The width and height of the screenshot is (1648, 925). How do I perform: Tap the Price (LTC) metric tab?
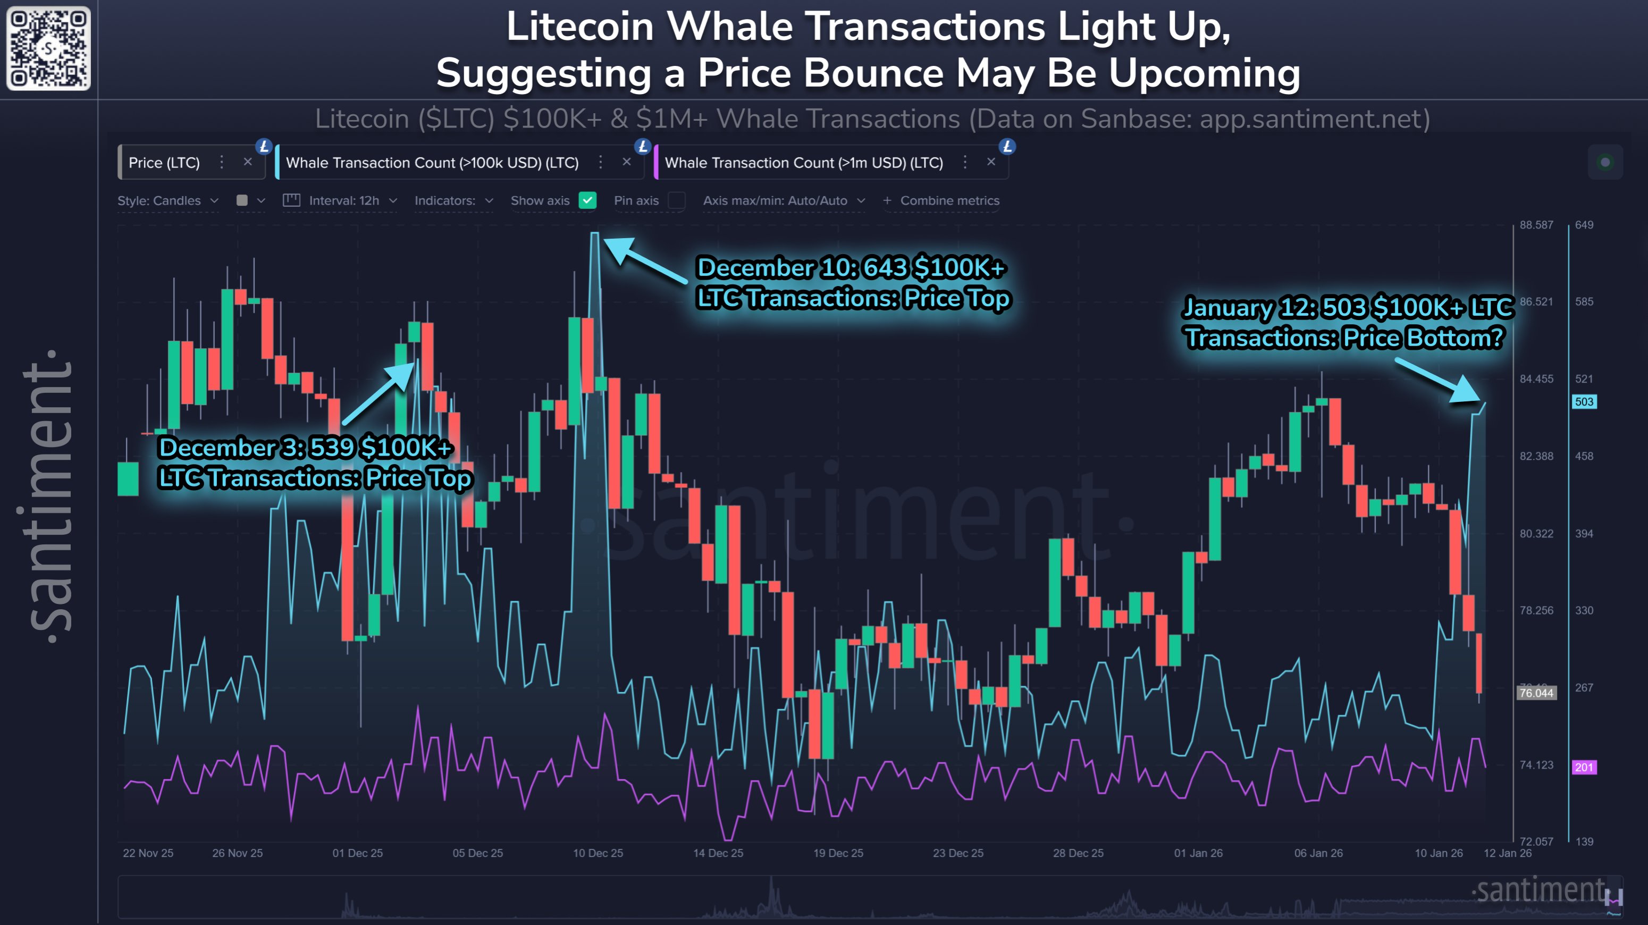(x=164, y=163)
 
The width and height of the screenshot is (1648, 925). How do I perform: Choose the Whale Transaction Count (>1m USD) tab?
(x=803, y=163)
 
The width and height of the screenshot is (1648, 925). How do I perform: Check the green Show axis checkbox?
(x=587, y=200)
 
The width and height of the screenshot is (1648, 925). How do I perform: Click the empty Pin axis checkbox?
(x=676, y=200)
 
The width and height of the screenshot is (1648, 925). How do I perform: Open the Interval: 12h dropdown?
(x=343, y=200)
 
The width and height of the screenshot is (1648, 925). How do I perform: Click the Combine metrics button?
(x=941, y=200)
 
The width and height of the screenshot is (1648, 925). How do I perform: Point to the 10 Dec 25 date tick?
(x=598, y=853)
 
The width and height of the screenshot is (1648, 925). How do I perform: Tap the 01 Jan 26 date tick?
(x=1198, y=853)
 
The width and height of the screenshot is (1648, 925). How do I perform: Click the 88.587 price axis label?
(x=1536, y=224)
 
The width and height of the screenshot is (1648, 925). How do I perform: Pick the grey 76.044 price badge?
(x=1536, y=693)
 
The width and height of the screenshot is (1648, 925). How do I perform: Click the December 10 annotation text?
(x=853, y=283)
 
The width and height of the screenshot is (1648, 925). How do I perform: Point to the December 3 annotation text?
(x=315, y=463)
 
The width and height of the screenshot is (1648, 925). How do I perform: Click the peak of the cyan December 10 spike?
(x=594, y=234)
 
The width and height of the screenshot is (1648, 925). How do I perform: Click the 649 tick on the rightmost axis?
(x=1584, y=224)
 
